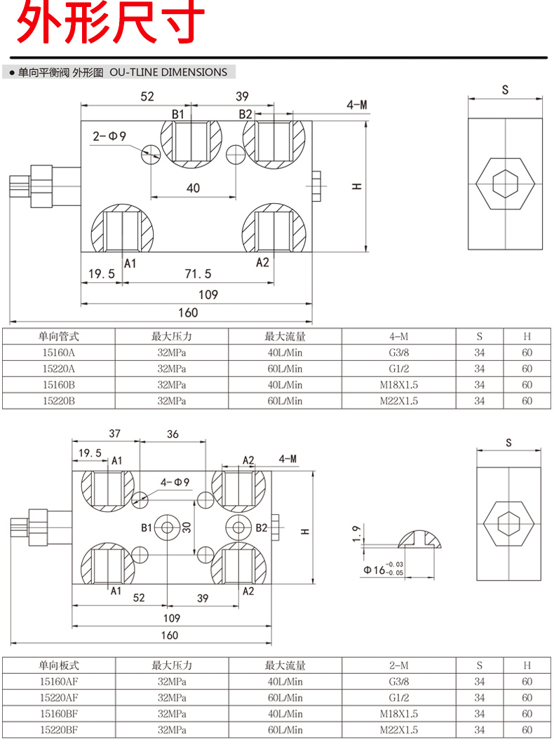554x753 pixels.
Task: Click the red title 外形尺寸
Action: (111, 24)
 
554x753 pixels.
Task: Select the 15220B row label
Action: (59, 401)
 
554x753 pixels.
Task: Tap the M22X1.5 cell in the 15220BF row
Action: (398, 730)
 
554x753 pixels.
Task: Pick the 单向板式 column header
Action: (59, 665)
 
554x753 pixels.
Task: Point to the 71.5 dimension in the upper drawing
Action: (197, 274)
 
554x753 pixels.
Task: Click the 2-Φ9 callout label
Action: (109, 137)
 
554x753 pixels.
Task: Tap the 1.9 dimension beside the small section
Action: (358, 534)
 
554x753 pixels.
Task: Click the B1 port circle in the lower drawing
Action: (168, 527)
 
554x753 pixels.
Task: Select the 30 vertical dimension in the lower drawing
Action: (187, 527)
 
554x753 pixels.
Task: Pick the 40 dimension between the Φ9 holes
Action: (193, 187)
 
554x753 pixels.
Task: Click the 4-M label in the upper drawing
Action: (356, 106)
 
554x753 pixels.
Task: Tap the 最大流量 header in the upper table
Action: (285, 336)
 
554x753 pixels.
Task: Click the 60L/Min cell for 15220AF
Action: (285, 698)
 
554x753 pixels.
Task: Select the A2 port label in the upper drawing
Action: (262, 262)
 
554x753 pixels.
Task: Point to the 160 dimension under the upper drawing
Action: (188, 312)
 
